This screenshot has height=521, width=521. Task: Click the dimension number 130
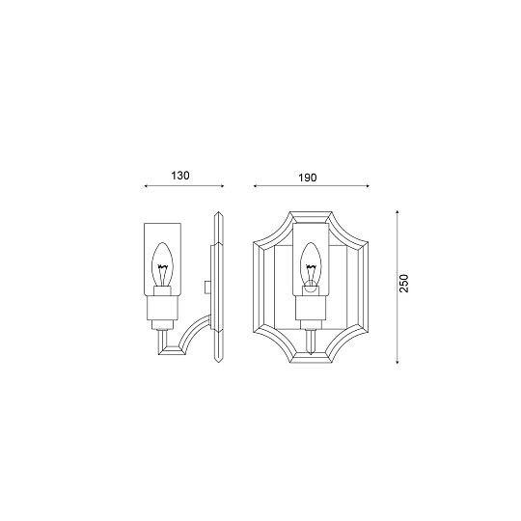coord(179,176)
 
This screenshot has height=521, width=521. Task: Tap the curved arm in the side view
coord(190,338)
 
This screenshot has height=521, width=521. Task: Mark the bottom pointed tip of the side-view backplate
coord(218,363)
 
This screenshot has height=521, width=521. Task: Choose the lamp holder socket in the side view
coord(163,308)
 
